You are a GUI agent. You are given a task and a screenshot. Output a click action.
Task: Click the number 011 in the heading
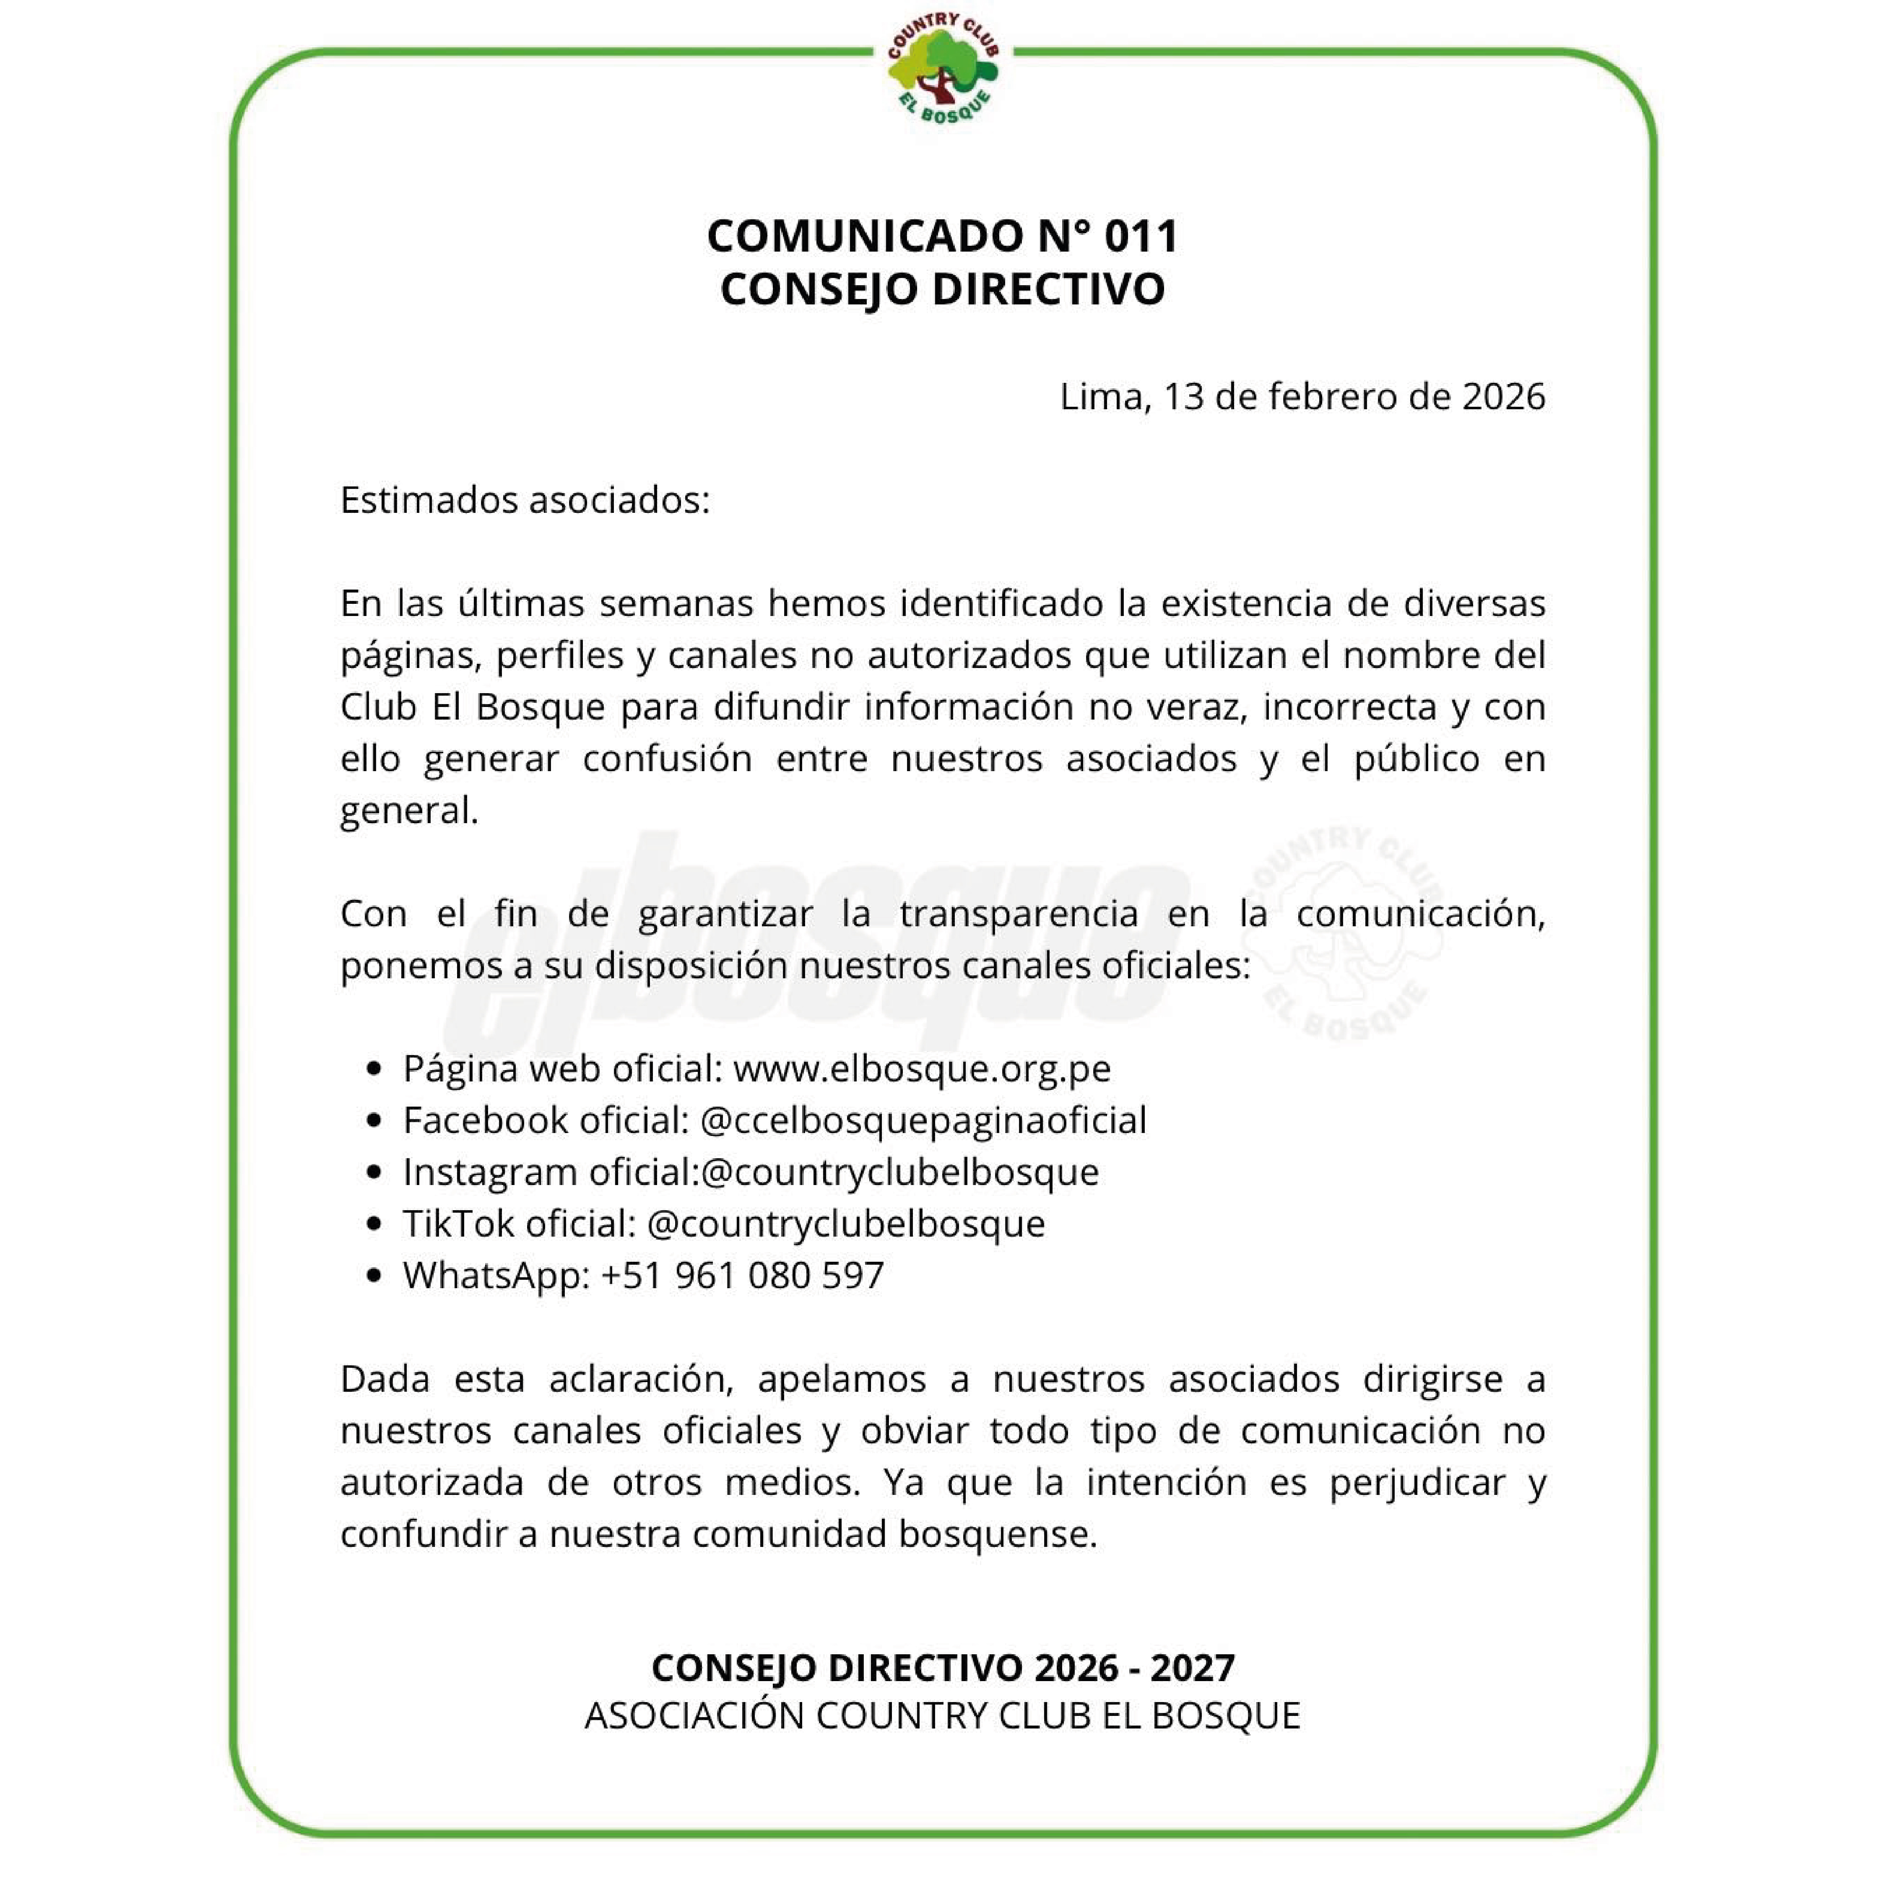pos(1141,237)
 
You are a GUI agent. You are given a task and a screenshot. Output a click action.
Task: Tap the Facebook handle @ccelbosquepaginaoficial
pos(923,1120)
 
